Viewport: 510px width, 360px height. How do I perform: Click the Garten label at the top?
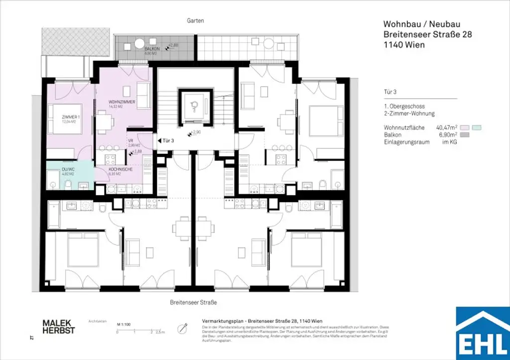[x=196, y=21]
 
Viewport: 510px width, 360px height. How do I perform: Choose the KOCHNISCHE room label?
[x=120, y=170]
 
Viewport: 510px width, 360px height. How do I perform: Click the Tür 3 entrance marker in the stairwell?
[x=168, y=141]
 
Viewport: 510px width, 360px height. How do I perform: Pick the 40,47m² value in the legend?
[x=446, y=127]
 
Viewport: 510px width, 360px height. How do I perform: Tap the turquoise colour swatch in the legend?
[x=478, y=127]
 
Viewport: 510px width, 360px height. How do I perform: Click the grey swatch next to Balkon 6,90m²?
[x=465, y=135]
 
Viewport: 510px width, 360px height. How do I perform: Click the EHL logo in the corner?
[x=483, y=334]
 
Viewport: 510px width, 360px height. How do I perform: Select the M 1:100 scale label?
[x=123, y=324]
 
